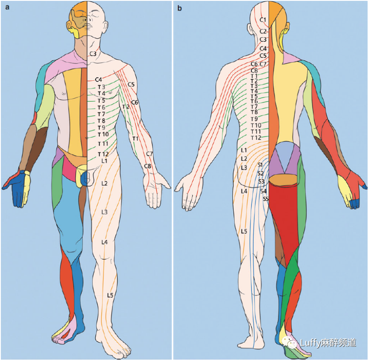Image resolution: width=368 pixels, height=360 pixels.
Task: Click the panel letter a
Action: coord(7,8)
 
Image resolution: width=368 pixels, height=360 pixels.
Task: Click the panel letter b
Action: coord(179,8)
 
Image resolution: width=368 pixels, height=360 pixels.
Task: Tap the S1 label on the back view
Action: coord(260,165)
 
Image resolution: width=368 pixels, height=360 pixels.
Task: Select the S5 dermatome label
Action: coord(266,199)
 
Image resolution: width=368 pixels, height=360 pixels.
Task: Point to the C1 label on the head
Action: coord(263,20)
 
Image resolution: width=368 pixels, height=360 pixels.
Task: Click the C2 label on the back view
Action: coord(263,31)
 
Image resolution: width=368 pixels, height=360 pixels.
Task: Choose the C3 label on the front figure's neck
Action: coord(93,54)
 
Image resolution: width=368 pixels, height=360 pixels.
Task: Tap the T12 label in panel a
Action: coord(103,154)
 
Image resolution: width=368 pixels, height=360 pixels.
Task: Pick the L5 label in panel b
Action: coord(244,231)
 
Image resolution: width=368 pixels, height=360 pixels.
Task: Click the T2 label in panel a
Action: coord(126,107)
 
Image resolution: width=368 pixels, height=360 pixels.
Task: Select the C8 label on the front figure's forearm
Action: coord(147,166)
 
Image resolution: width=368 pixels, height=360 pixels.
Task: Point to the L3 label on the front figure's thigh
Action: coord(105,212)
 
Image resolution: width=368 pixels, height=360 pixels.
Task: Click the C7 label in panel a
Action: coord(149,154)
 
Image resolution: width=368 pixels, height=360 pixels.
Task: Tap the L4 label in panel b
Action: coord(244,191)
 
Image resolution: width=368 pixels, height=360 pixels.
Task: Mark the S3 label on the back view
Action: coord(261,181)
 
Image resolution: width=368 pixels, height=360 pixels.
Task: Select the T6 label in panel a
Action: coord(101,107)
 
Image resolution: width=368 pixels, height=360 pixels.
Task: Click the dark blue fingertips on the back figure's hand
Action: coord(355,203)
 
